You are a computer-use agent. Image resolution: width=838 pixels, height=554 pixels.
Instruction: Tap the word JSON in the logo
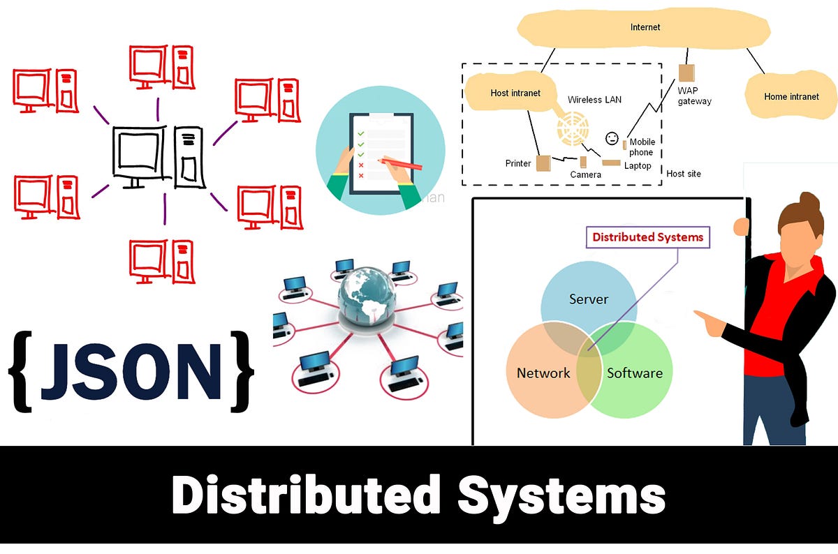[x=131, y=372]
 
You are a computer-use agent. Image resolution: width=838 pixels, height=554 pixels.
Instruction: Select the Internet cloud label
[x=645, y=27]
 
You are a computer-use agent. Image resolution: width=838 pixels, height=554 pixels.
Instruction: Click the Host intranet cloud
[x=515, y=93]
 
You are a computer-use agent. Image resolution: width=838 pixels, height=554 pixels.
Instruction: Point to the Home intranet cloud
[x=791, y=97]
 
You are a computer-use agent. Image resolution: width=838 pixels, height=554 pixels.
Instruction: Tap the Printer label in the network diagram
[x=518, y=163]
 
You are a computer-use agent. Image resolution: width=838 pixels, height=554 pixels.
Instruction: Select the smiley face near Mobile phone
[x=612, y=137]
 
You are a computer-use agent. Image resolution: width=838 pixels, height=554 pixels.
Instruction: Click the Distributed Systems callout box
[x=647, y=237]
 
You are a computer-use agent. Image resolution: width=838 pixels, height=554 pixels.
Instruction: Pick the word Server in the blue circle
[x=589, y=299]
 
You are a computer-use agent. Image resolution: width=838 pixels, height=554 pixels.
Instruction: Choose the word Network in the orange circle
[x=543, y=373]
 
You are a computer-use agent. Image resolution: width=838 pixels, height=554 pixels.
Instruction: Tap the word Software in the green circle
[x=634, y=373]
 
